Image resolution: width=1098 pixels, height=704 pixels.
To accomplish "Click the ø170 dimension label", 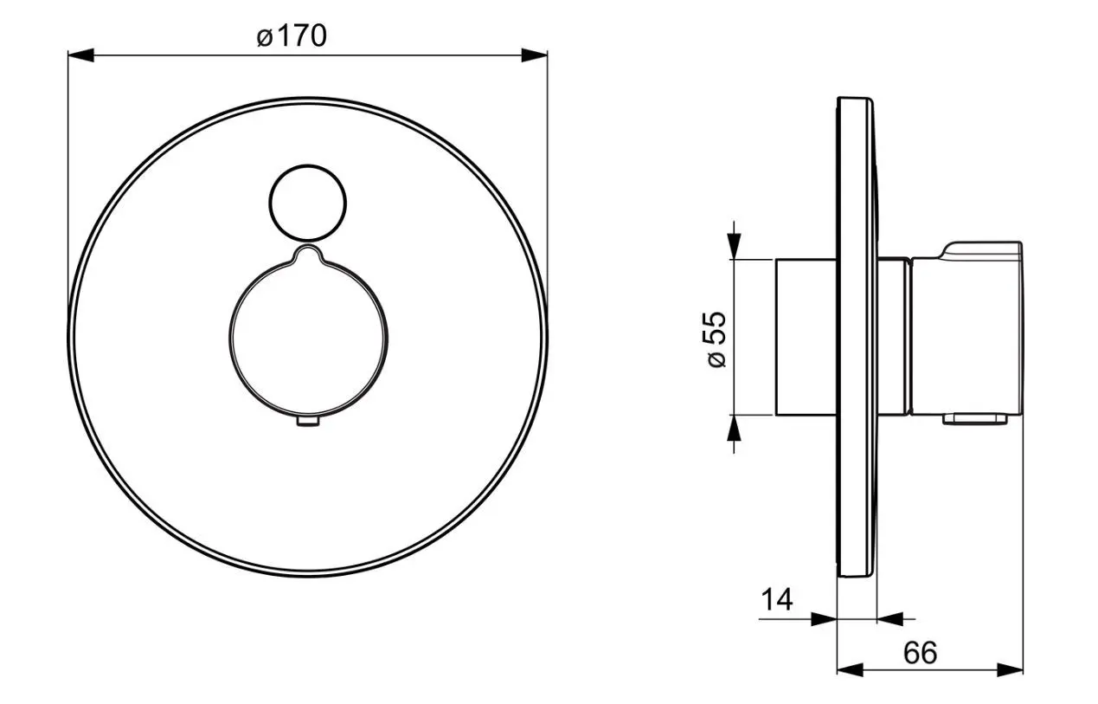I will pyautogui.click(x=292, y=36).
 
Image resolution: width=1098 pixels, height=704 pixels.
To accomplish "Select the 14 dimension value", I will pyautogui.click(x=776, y=598).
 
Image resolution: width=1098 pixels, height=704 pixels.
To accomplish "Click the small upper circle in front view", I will pyautogui.click(x=307, y=202).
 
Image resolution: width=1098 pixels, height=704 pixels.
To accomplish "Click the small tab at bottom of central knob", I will pyautogui.click(x=308, y=422).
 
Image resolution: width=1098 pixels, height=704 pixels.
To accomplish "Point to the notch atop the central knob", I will pyautogui.click(x=308, y=252).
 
